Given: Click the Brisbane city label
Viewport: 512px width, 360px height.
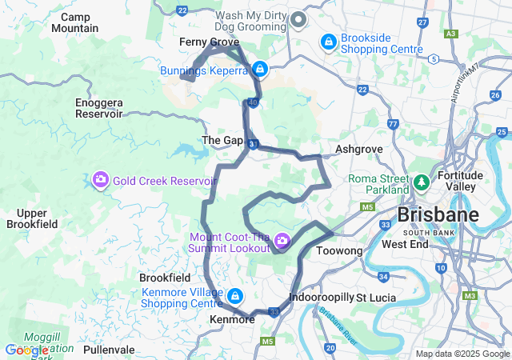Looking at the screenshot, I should point(438,214).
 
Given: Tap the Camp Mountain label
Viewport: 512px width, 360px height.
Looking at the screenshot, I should point(74,22).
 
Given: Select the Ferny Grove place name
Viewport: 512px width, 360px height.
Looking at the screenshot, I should point(209,42).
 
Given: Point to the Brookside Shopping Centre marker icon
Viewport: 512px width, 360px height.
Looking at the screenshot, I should point(328,41).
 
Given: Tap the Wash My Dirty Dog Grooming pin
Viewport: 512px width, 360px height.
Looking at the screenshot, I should point(298,18).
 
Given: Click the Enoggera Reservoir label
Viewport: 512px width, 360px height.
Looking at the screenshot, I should point(98,109).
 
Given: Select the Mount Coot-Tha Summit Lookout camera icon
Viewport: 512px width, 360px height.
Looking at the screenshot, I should point(282,240).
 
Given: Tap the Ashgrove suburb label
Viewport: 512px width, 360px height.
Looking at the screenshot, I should point(359,150).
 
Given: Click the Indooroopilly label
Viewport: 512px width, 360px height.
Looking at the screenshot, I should point(321,297).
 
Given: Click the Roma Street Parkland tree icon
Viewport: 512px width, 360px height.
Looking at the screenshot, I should point(421,184).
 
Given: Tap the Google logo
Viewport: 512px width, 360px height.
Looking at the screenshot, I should point(26,350).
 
